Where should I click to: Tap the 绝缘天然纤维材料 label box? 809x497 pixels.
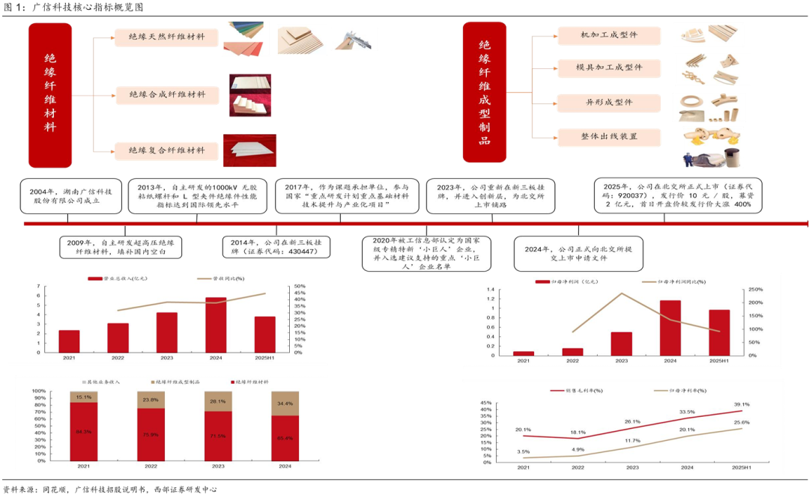pos(166,37)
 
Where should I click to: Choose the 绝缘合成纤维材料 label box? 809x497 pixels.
pos(166,94)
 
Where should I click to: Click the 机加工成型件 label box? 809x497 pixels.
pos(608,36)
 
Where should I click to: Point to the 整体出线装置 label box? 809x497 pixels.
pos(608,136)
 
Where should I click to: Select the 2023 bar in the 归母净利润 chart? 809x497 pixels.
pos(621,343)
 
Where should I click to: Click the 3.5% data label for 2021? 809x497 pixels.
pos(523,451)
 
